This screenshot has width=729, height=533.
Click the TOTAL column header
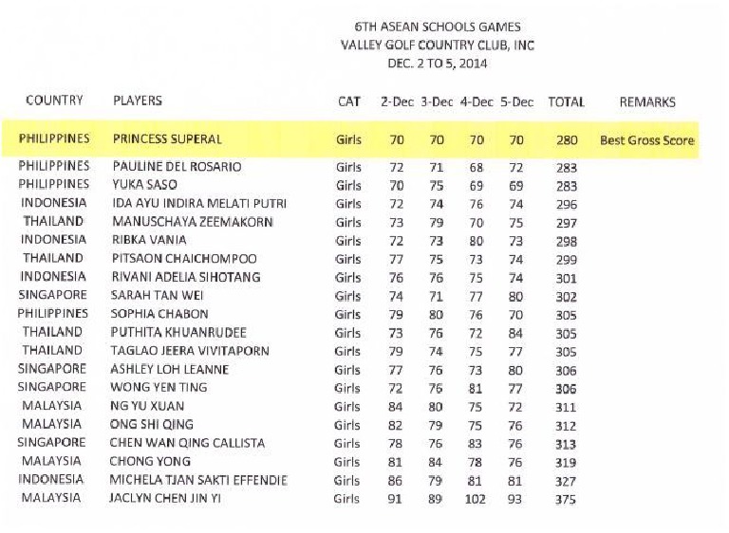(566, 101)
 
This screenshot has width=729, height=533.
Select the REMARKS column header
(647, 101)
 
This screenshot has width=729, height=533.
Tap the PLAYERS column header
(138, 101)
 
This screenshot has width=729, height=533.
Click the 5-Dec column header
(516, 101)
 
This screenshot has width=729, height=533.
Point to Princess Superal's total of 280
(567, 140)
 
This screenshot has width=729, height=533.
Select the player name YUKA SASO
(145, 185)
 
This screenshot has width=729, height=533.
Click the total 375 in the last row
(566, 499)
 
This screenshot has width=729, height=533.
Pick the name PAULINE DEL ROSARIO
(177, 167)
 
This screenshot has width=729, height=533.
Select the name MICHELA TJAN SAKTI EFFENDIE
(199, 480)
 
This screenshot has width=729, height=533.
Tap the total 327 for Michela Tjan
(566, 481)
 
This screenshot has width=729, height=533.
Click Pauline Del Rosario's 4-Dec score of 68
(477, 167)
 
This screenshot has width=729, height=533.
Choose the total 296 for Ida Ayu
(566, 204)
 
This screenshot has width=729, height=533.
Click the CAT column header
(349, 101)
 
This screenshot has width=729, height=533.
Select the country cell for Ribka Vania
(54, 240)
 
